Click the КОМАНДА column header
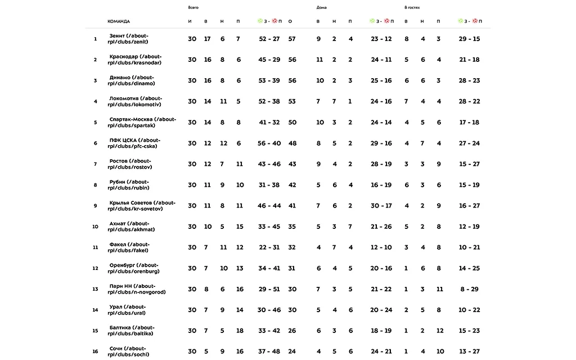pos(119,21)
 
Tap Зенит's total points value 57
pos(291,39)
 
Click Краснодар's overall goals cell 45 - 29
pos(269,60)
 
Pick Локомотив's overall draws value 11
pos(223,101)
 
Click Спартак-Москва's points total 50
pos(291,122)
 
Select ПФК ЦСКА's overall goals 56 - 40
pos(269,143)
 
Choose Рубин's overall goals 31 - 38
pos(269,185)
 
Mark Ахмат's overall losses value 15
pos(240,227)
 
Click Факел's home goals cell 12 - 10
pos(381,247)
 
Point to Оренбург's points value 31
pos(291,268)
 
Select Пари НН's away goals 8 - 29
pos(469,289)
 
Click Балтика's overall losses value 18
pos(240,331)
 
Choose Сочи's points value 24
pos(291,352)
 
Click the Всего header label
pos(193,7)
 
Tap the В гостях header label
pos(412,7)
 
